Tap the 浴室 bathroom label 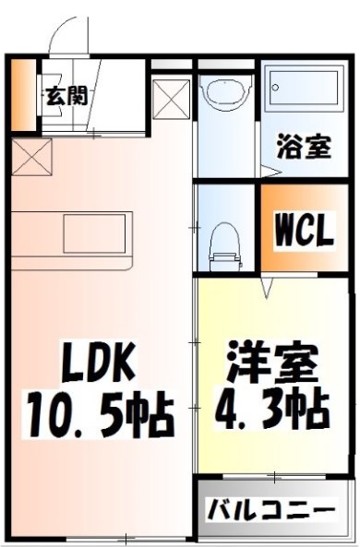pos(304,147)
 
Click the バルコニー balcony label pos(270,508)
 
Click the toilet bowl pos(222,242)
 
